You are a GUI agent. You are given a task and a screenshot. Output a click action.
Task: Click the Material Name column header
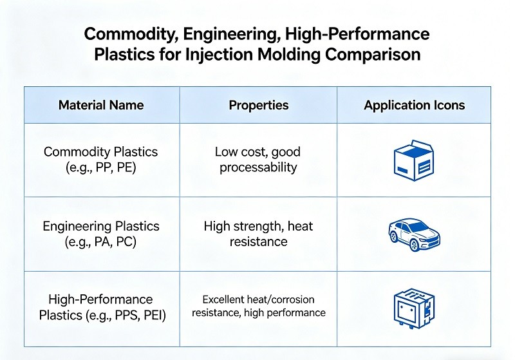[101, 105]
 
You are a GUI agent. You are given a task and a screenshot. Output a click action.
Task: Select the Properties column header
[259, 105]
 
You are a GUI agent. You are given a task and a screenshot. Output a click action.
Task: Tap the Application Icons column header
[414, 105]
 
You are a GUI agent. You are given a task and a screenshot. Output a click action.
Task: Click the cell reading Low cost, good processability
[258, 160]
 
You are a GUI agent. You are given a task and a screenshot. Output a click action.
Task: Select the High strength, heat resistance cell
[258, 234]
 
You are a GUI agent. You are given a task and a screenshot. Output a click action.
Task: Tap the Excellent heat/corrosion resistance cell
[258, 307]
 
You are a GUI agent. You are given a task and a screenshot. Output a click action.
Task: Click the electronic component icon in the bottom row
[413, 308]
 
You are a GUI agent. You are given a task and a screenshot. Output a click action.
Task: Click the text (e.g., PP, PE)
[100, 167]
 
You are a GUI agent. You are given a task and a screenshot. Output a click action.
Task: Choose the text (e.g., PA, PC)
[100, 242]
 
